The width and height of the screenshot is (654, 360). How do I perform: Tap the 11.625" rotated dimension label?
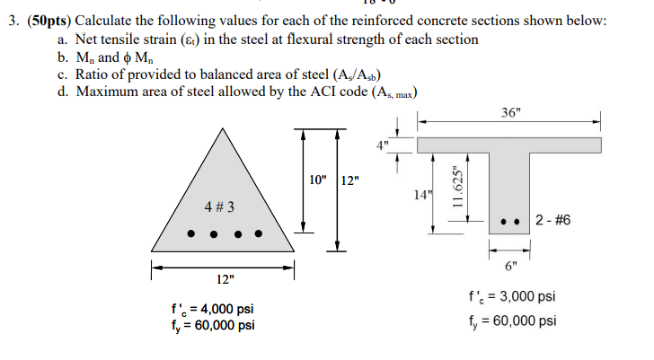click(x=458, y=188)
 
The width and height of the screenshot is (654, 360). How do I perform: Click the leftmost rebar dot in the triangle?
click(x=190, y=234)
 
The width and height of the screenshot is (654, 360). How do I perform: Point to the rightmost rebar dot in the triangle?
click(x=260, y=234)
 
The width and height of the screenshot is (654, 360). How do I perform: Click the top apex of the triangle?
click(x=225, y=127)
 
